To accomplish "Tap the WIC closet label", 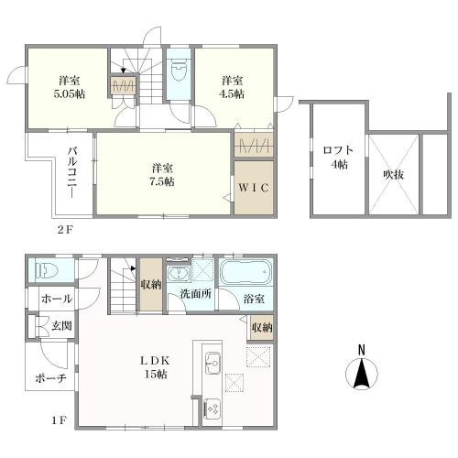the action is click(254, 188).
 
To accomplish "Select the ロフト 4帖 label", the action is click(339, 158).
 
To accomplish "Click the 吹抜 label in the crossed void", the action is click(394, 174).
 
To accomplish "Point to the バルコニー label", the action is click(72, 172).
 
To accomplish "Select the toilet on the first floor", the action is click(47, 270).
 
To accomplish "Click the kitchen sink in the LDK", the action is click(213, 363).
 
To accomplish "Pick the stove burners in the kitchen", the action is click(212, 409).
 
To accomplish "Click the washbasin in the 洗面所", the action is click(179, 273).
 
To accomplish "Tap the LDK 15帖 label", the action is click(155, 367).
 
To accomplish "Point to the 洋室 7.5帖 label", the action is click(162, 175).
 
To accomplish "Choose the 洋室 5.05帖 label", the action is click(70, 87).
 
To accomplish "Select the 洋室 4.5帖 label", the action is click(232, 87).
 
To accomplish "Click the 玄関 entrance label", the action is click(61, 326).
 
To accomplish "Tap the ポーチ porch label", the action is click(50, 379).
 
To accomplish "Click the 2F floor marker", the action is click(65, 229).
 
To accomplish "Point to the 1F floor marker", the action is click(59, 421).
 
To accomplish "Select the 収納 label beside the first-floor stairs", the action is click(151, 285).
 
